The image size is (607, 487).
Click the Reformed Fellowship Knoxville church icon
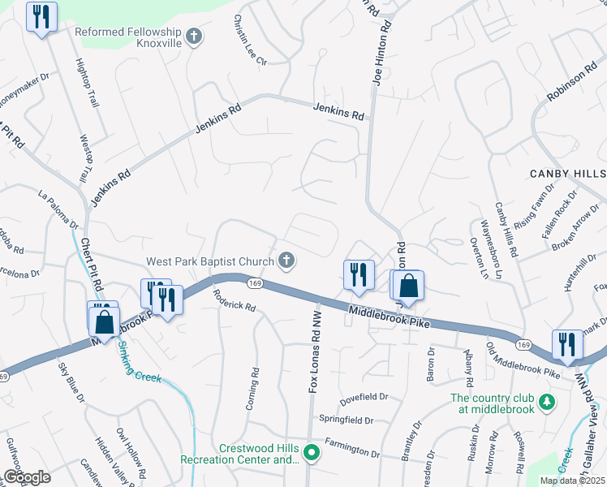[x=193, y=37]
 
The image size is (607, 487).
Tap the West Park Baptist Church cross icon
[x=285, y=261]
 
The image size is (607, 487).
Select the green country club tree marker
[x=548, y=403]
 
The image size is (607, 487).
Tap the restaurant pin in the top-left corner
[x=41, y=17]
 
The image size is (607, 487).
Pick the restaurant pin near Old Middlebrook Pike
[x=566, y=344]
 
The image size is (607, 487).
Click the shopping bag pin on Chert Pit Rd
[x=105, y=321]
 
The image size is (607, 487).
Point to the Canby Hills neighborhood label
[x=567, y=174]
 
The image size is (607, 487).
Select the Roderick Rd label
[x=235, y=303]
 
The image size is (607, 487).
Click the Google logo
[x=26, y=477]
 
